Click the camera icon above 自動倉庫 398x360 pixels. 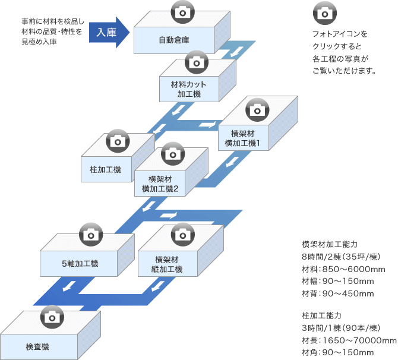point(182,10)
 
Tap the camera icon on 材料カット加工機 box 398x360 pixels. point(197,61)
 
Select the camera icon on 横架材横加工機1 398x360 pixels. point(257,110)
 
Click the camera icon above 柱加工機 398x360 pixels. point(117,141)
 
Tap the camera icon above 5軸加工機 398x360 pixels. point(91,233)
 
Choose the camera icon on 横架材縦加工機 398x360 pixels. point(182,233)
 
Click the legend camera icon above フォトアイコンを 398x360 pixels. point(324,12)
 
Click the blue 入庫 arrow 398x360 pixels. point(108,32)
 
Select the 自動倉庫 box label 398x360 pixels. point(173,40)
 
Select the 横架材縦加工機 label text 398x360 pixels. point(168,264)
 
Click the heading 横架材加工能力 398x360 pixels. point(330,244)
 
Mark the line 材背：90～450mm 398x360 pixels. point(337,293)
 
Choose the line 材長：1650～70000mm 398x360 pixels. point(349,340)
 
